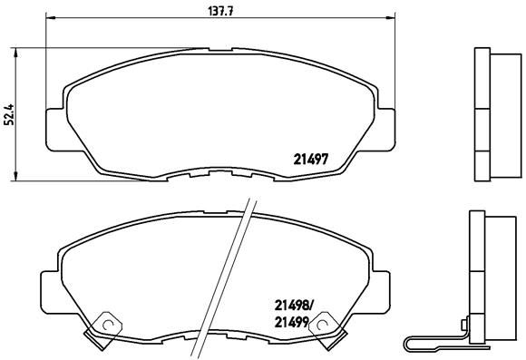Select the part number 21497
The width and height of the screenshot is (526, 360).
[310, 157]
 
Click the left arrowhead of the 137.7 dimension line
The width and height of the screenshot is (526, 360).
[49, 19]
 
